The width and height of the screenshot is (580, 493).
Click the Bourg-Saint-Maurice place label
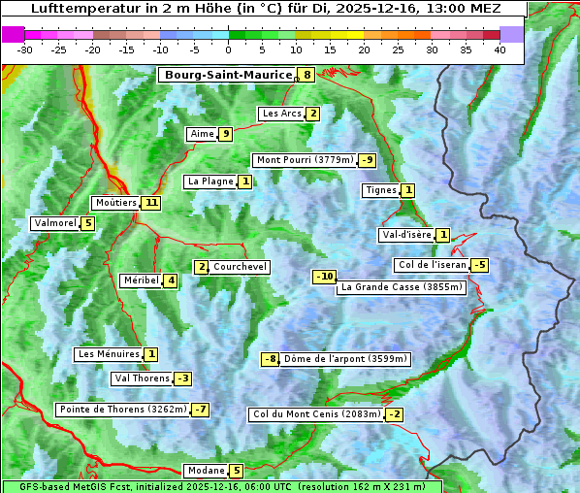(x=228, y=75)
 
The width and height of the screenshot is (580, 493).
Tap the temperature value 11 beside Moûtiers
(x=150, y=203)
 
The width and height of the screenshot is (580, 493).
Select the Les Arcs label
(x=282, y=114)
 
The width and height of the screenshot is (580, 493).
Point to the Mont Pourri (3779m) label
(x=304, y=160)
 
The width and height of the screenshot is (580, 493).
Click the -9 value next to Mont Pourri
(x=367, y=160)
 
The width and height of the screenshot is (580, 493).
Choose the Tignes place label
(x=381, y=190)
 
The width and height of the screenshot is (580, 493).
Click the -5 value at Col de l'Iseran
(x=479, y=265)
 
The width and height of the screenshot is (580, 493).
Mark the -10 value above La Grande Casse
(x=324, y=277)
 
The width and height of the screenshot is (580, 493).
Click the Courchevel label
(x=241, y=267)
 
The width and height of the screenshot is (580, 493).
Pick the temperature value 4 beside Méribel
(x=171, y=280)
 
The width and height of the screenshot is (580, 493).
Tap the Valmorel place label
(x=54, y=223)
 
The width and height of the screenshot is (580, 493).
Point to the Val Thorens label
(x=143, y=378)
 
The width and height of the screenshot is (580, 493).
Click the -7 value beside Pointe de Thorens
(x=200, y=410)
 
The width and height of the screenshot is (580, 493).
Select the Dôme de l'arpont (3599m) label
(x=345, y=359)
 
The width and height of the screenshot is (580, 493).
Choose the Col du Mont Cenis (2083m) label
(x=316, y=414)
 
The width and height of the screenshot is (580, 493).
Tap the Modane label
(x=206, y=471)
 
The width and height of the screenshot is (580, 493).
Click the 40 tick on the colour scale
(x=499, y=49)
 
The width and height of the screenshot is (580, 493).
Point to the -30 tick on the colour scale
(x=25, y=49)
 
